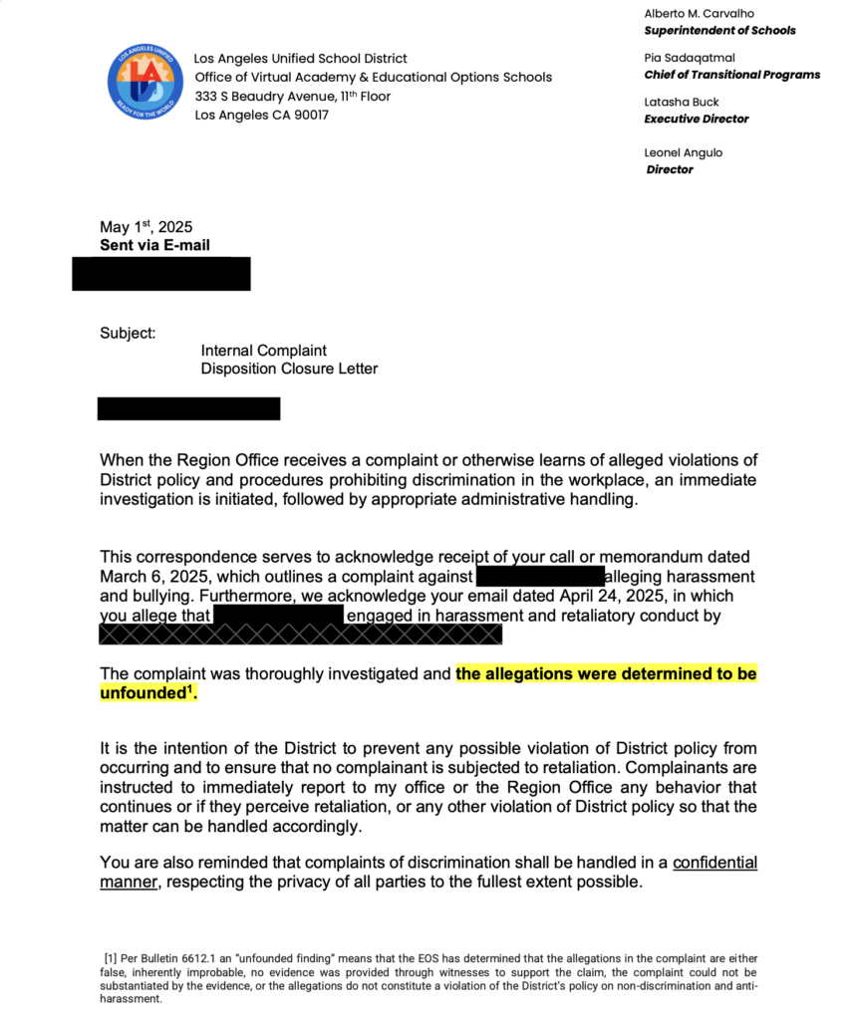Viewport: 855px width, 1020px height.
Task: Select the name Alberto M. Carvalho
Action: [699, 14]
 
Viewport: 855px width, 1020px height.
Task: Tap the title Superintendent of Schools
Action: [719, 31]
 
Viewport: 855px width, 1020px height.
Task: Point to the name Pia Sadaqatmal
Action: [690, 58]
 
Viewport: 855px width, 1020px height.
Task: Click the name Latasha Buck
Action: [682, 102]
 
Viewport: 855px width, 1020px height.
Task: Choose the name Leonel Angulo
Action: [684, 152]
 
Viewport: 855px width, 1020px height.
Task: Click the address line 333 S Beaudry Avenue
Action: [293, 97]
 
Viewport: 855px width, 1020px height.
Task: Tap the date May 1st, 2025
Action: [145, 228]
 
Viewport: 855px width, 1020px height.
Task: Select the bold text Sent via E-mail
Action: [154, 245]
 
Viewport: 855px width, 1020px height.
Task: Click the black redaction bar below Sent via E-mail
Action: [160, 273]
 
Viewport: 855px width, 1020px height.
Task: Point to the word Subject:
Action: [128, 334]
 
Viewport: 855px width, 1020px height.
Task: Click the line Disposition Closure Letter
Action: [289, 369]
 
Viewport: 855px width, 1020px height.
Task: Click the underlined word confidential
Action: [714, 863]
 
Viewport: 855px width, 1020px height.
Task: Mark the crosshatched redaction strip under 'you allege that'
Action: [300, 634]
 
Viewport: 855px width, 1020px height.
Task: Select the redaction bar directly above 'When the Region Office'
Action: [188, 408]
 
